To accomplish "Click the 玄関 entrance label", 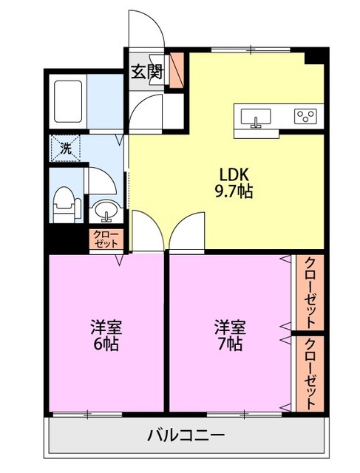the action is [x=148, y=72].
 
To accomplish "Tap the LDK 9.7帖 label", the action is [x=234, y=183].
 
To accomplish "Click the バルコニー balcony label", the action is [x=186, y=435].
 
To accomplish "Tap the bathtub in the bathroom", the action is [x=68, y=101].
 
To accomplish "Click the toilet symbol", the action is [x=67, y=204].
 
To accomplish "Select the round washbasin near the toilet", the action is [x=106, y=210].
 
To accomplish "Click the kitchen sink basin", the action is [x=256, y=117].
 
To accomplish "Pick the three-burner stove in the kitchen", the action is [x=306, y=117].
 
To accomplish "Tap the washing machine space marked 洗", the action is [x=65, y=148].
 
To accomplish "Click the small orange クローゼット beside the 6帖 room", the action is [x=106, y=239].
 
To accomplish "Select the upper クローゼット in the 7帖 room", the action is [x=310, y=293].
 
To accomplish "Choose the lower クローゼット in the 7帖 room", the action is [x=310, y=373].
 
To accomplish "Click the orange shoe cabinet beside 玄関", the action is [x=177, y=70].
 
